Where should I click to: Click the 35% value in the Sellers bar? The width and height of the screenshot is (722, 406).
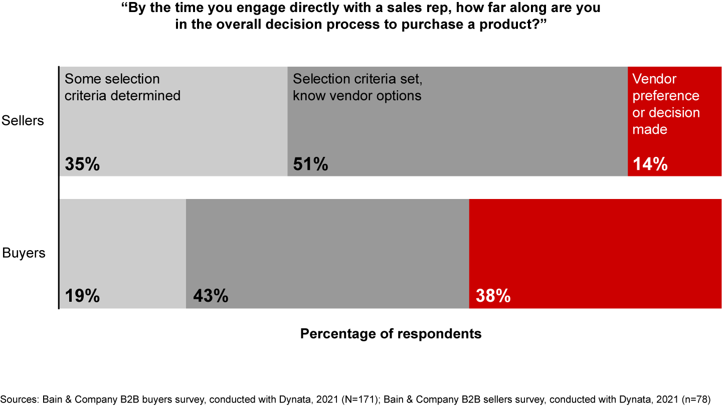point(82,164)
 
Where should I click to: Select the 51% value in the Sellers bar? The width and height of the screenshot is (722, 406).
point(310,164)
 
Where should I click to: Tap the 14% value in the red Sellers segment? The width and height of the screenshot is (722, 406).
point(650,164)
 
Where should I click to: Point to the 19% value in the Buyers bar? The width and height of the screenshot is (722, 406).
point(82,296)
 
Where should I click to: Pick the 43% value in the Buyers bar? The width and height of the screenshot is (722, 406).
point(211,296)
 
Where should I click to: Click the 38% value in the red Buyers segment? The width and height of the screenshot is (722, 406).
point(493,296)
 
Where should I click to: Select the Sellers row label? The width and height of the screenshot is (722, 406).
point(23,121)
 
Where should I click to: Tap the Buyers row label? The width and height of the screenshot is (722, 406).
point(24,253)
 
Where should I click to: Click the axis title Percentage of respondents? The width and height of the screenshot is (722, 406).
point(391,334)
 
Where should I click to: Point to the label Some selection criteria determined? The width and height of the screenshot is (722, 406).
point(122,87)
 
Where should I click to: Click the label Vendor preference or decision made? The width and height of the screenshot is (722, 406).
point(666,104)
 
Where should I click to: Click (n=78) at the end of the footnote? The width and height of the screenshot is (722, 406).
point(695,399)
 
